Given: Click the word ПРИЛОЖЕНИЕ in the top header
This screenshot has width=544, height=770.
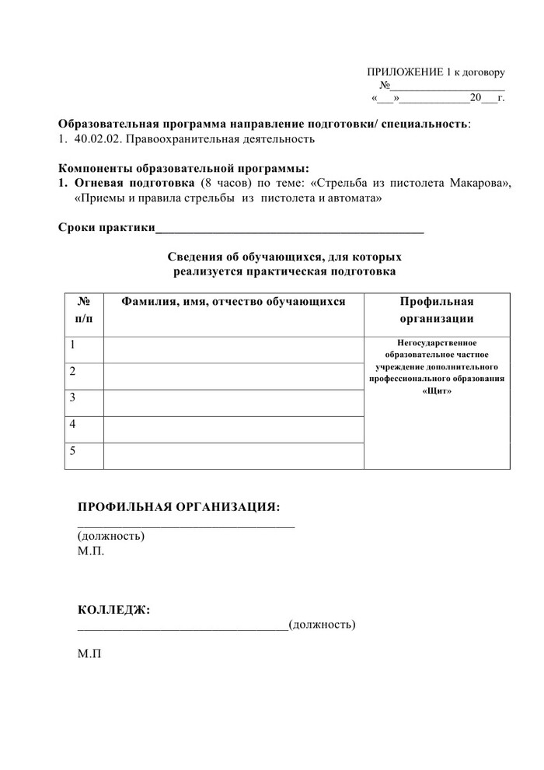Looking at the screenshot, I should coord(402,72).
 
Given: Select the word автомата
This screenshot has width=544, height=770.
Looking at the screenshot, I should coord(356,198).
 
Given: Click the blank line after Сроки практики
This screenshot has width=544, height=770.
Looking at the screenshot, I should coord(290,229).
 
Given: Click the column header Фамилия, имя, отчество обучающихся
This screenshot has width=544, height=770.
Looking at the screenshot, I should coord(232,302).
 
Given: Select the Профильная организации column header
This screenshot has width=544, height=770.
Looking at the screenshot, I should coord(437,310).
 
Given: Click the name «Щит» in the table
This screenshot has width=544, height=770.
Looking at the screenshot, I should coord(437,391).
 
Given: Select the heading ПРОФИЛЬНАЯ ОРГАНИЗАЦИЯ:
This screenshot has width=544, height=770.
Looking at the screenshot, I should coord(178,508).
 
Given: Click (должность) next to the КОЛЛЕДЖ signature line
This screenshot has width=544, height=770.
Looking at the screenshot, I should coord(322,625).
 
